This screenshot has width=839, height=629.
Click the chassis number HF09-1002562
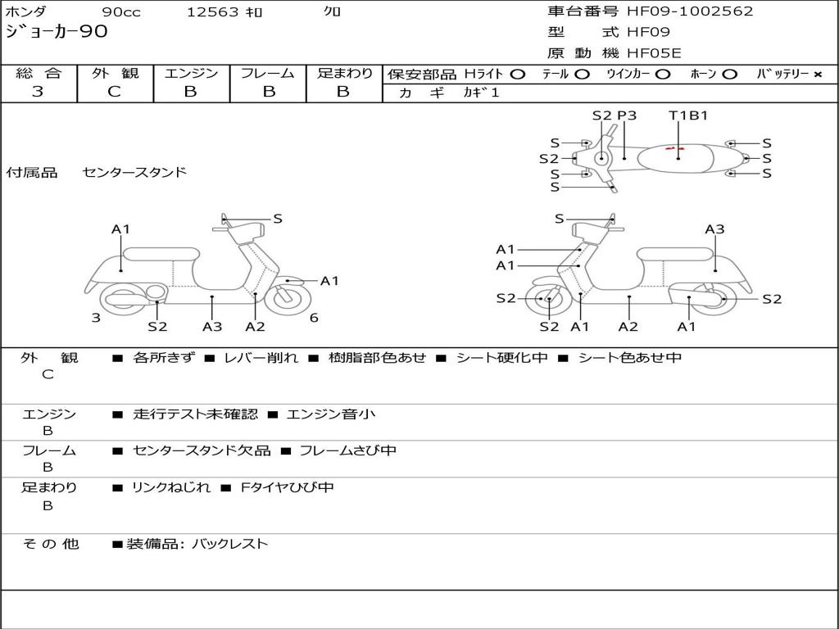(690, 11)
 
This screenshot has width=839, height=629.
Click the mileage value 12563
(213, 12)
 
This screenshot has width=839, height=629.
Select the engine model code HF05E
(654, 53)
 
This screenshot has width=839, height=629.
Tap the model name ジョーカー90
(57, 33)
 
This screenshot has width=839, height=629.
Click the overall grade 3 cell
(38, 92)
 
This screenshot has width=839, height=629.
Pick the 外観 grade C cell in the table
(114, 92)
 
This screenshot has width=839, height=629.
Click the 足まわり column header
(344, 74)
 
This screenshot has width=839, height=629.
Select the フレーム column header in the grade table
(267, 74)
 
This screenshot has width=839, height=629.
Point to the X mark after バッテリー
(817, 75)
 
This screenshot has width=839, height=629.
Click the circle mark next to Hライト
(517, 75)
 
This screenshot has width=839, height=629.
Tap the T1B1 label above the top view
(688, 115)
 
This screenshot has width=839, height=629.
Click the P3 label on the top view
(627, 115)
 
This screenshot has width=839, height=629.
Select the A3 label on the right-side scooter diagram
(714, 229)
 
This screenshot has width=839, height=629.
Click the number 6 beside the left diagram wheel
(314, 318)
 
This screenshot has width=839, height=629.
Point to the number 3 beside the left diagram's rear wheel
(96, 318)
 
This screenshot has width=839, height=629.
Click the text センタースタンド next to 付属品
(134, 172)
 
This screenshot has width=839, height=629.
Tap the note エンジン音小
(331, 414)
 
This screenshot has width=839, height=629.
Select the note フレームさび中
(347, 450)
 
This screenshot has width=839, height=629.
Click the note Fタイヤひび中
(287, 487)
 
